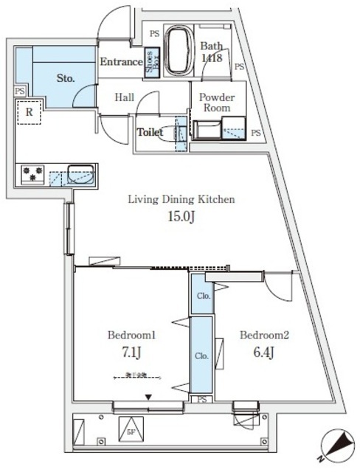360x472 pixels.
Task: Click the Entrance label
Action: coord(121,62)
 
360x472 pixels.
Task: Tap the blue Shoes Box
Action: coord(150,58)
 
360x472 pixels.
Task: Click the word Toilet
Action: coord(150,133)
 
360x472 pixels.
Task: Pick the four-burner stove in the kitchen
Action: coord(34,174)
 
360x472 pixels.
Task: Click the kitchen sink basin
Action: coord(80,176)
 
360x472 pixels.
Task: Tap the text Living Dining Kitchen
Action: coord(181,200)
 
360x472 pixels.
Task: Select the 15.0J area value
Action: coord(181,217)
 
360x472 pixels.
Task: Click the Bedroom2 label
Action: coord(263,334)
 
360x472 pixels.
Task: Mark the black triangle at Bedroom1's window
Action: coord(148,398)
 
